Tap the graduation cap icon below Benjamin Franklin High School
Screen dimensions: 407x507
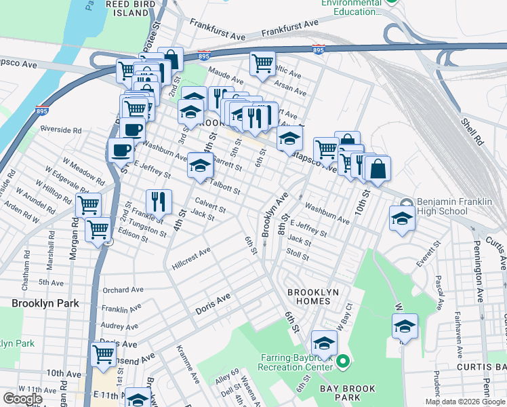click(x=402, y=218)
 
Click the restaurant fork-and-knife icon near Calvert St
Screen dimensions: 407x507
click(x=159, y=200)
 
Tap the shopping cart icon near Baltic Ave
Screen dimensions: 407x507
click(x=262, y=64)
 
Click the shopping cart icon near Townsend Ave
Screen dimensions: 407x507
click(x=103, y=353)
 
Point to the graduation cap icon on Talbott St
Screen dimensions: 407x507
click(x=200, y=165)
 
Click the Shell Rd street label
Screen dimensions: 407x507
click(x=472, y=132)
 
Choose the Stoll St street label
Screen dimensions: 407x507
click(x=298, y=257)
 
